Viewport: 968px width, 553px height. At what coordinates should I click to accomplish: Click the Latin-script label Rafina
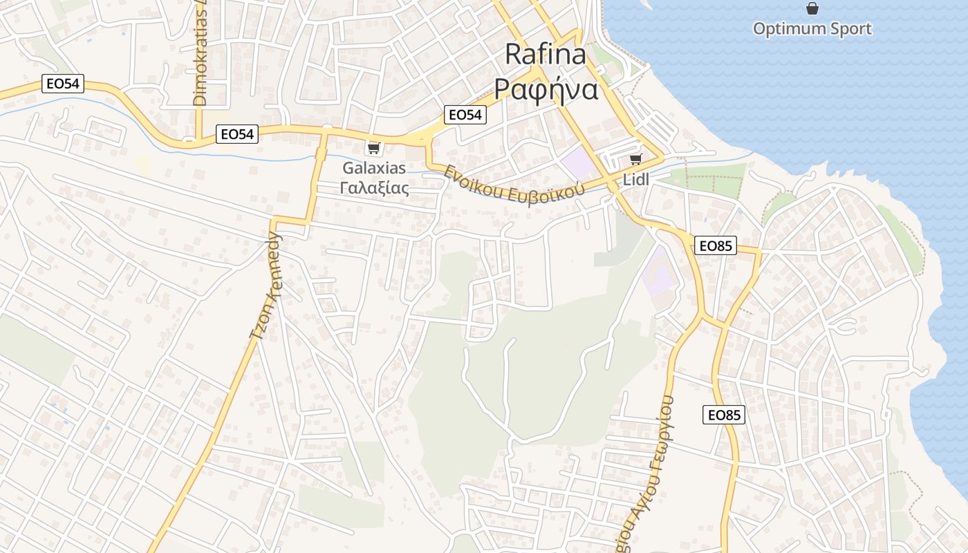[x=546, y=55]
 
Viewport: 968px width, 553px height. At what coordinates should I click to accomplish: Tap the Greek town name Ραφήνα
[x=546, y=89]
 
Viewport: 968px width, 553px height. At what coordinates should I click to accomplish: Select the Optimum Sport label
[x=812, y=29]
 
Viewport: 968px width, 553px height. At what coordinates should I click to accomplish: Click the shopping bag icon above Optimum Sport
[x=812, y=8]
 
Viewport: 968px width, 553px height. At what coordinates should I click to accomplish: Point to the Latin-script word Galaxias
[x=374, y=168]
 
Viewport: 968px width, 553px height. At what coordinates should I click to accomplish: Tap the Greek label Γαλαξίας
[x=374, y=187]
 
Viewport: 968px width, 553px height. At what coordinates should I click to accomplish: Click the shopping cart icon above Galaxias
[x=374, y=148]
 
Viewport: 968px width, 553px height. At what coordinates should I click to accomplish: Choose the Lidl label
[x=636, y=179]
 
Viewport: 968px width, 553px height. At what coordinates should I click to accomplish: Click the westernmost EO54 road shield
[x=62, y=84]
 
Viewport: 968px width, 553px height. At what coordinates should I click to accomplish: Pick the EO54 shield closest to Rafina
[x=465, y=115]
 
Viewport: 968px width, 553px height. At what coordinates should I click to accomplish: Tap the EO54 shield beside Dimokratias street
[x=237, y=134]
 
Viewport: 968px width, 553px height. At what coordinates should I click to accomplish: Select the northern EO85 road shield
[x=716, y=245]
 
